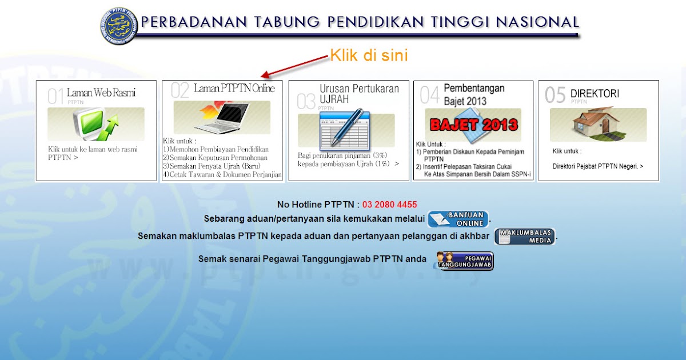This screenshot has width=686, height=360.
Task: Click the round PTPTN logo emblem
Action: pos(119,26)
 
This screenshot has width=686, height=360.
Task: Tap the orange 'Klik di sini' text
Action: pos(369,55)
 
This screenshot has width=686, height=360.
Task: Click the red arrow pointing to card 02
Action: pos(294,66)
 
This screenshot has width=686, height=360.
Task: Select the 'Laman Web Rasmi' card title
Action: pos(101,93)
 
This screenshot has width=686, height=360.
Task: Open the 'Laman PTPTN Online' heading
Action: pos(234,88)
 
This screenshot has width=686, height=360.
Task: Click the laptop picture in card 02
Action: pos(222,118)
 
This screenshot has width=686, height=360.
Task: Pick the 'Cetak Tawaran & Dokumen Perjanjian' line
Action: pos(222,174)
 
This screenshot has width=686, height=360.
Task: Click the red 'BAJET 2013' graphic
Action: pos(474,125)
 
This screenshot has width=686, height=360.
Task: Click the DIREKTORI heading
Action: pos(595,93)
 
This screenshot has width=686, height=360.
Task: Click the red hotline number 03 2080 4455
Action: pos(389,205)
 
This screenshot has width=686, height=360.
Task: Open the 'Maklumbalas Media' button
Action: pos(525,237)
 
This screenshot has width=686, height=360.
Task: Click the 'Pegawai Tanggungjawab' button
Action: pos(464,261)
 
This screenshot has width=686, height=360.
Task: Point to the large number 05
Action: pos(555,95)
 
